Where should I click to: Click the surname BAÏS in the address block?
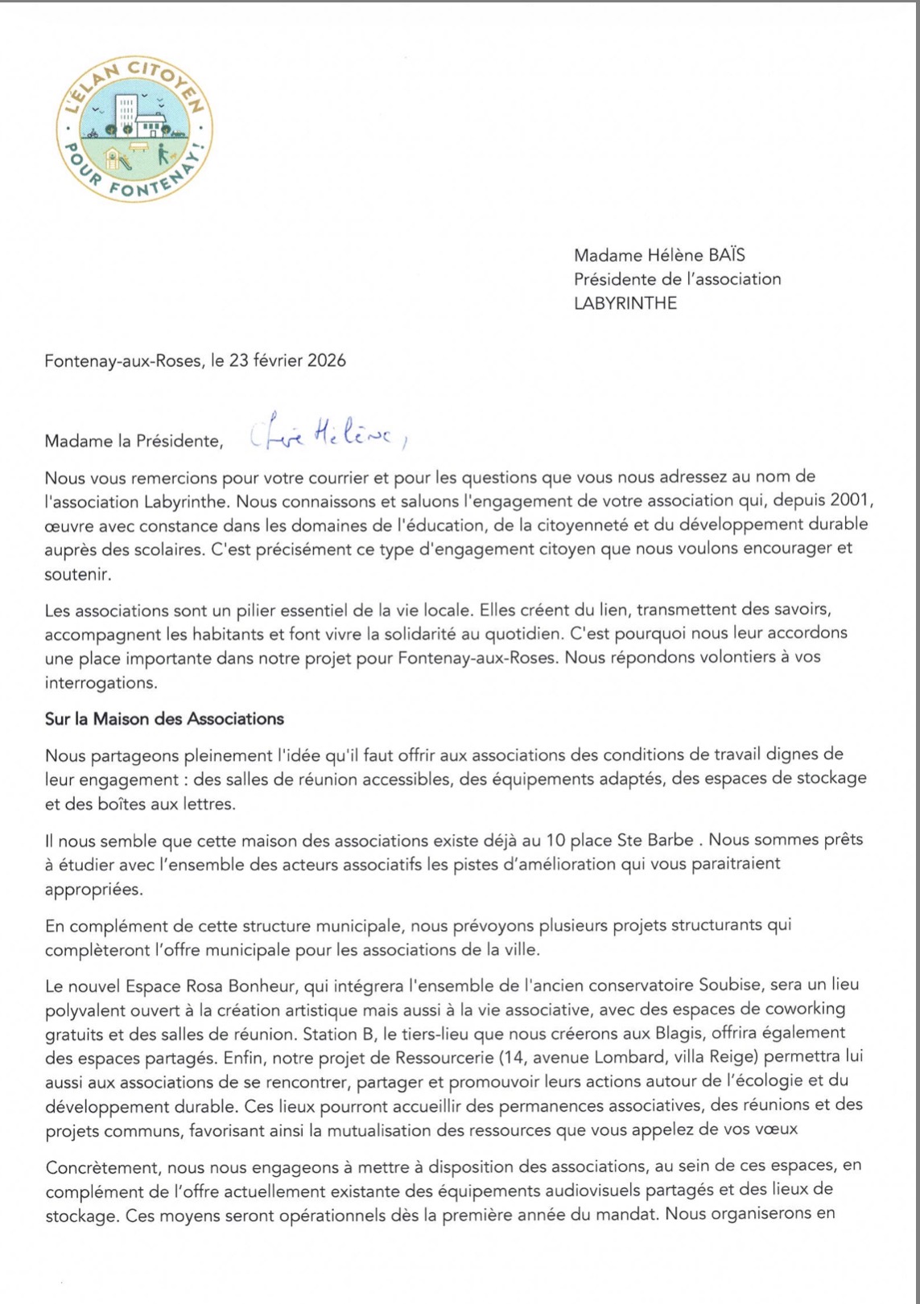tap(727, 255)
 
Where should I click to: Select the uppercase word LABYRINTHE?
tap(625, 303)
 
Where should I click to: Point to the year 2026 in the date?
tap(324, 360)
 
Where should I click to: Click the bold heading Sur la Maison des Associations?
tap(164, 718)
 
